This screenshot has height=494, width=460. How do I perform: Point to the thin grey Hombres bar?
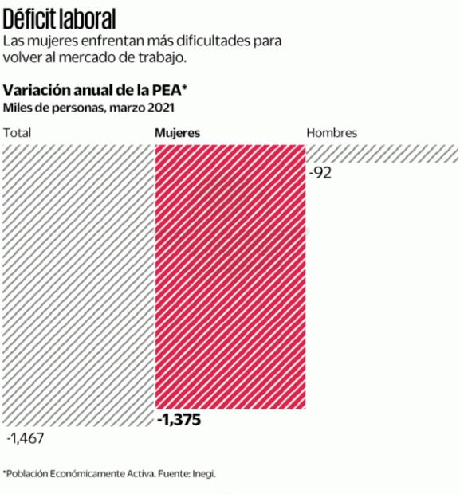383,154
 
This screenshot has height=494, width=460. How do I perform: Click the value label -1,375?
179,420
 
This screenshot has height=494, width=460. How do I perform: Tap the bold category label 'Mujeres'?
176,133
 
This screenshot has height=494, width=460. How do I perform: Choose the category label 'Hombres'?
332,133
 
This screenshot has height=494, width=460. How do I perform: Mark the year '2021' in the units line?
161,107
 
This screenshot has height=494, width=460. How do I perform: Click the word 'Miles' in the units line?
18,107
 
